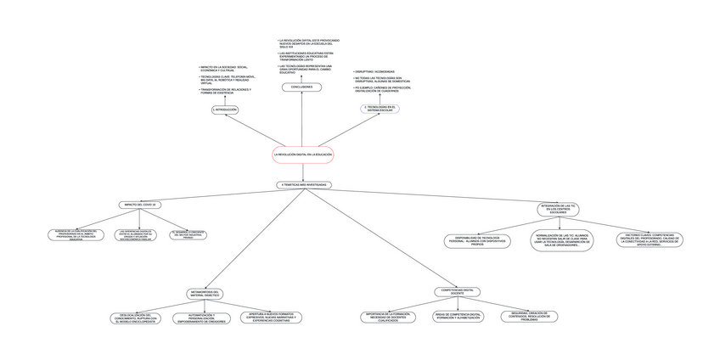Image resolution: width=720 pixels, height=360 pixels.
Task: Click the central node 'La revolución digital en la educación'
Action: (303, 155)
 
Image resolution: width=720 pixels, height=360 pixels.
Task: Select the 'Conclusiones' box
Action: (301, 87)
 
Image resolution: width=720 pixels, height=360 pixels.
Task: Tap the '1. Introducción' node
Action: (225, 110)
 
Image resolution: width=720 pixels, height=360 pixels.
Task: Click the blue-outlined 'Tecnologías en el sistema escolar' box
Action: (379, 108)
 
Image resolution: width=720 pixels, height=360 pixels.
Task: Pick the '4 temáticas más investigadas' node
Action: (304, 184)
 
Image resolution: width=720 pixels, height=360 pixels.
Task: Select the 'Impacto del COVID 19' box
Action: (141, 205)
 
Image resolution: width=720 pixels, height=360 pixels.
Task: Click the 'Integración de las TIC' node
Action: (560, 207)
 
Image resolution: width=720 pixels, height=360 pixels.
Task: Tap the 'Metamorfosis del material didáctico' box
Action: (205, 293)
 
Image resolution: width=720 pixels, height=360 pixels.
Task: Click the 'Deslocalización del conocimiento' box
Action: (137, 318)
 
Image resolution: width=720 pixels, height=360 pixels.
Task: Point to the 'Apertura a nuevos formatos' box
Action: (270, 318)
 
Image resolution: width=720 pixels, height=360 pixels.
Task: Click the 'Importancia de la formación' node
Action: (389, 317)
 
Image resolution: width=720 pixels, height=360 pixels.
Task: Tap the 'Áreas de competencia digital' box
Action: (458, 317)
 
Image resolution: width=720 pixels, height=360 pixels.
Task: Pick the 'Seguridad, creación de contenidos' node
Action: (529, 317)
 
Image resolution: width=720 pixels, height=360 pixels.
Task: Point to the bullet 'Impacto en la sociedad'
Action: (224, 68)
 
